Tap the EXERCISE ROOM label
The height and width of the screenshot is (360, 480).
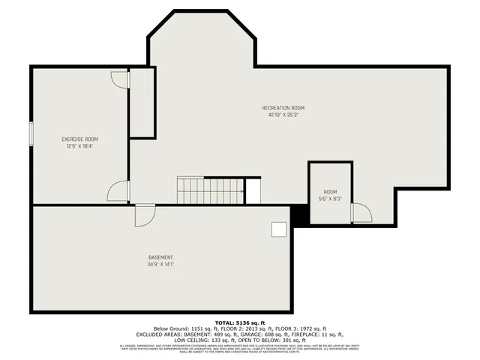coord(79,139)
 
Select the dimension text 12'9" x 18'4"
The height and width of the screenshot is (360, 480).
coord(79,146)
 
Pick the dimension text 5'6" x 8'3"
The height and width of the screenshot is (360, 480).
coord(330,199)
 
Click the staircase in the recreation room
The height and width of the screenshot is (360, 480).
coord(210,190)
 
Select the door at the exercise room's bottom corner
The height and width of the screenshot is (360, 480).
coord(118,192)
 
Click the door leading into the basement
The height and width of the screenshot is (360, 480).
coord(145,215)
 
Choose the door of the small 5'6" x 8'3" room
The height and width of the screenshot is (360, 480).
coord(361,213)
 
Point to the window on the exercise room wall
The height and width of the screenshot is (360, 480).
coord(31,133)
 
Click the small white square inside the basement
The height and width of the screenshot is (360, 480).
coord(279,229)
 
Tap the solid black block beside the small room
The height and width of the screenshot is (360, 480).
coord(299,214)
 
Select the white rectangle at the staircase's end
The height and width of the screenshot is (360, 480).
coord(253,190)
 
